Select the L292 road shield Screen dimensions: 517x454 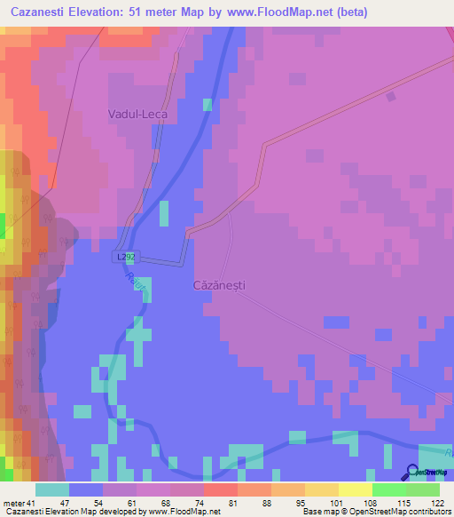(127, 257)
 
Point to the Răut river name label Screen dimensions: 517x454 (134, 282)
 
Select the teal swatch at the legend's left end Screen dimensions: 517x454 (51, 490)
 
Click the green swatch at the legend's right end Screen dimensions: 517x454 (422, 490)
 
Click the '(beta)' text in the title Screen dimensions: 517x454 (347, 12)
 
